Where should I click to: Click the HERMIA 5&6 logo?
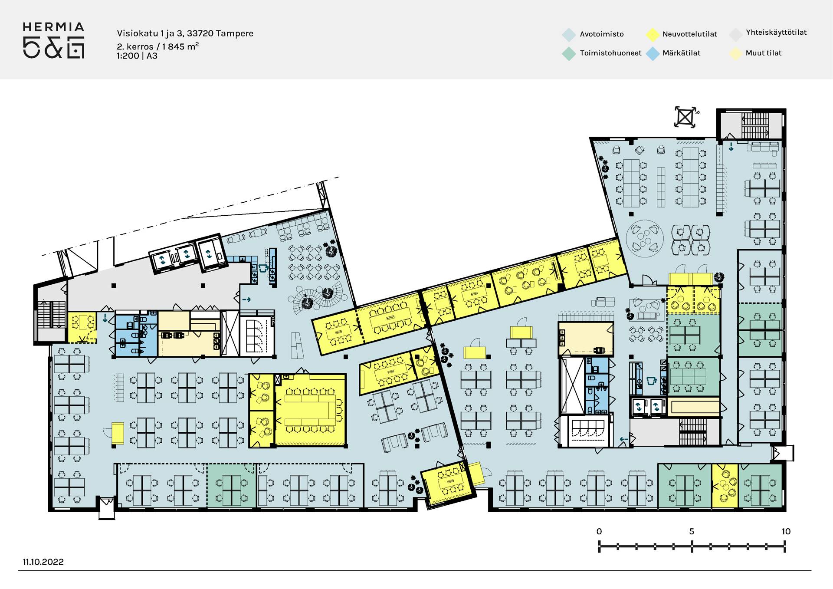(53, 40)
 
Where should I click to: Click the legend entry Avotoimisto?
(601, 34)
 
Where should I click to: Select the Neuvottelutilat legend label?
(689, 34)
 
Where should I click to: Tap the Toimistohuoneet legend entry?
(610, 53)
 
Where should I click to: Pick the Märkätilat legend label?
(681, 53)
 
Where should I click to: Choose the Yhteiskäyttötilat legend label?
(776, 33)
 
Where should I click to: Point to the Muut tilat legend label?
(763, 53)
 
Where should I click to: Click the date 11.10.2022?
(43, 562)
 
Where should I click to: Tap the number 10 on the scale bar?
(786, 531)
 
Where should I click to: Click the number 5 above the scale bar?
(692, 531)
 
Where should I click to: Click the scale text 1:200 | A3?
(137, 56)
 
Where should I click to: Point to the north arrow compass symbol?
(685, 117)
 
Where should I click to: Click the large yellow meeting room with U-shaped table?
(311, 410)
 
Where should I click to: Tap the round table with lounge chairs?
(645, 238)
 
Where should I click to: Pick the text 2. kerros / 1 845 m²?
(158, 46)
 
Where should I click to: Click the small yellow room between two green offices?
(725, 486)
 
